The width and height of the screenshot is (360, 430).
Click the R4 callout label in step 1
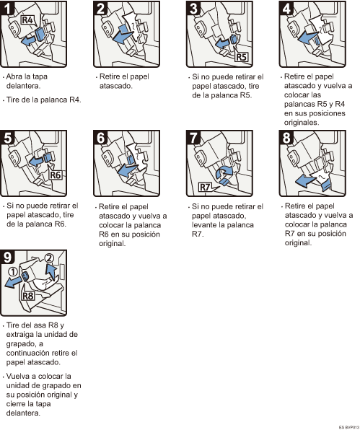point(27,20)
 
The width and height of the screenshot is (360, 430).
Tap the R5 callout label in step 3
point(241,57)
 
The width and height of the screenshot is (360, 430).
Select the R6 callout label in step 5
point(56,175)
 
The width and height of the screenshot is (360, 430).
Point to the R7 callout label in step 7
point(205,188)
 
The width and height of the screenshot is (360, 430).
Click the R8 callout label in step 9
point(28,297)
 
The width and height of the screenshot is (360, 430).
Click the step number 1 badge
point(7,7)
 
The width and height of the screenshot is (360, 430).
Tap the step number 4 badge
point(286,7)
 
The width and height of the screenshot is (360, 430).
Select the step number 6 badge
point(100,137)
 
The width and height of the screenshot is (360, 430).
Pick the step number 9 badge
point(7,257)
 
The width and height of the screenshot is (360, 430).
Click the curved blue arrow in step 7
point(223,172)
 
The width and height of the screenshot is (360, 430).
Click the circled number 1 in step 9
point(13,272)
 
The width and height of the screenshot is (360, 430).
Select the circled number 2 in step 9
point(49,258)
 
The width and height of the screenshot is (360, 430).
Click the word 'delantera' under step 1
point(23,86)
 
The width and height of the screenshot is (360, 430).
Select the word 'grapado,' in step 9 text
point(25,344)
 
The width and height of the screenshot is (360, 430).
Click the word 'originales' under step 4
point(302,123)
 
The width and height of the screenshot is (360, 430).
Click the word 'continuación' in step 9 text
point(27,353)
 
